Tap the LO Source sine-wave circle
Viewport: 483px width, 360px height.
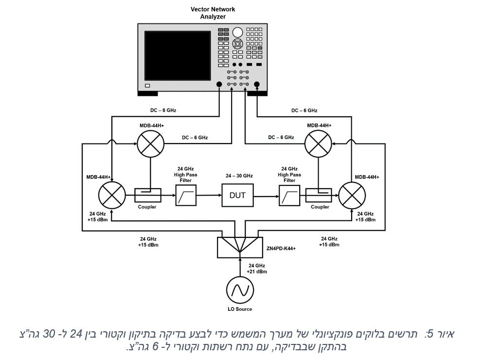[x=240, y=290]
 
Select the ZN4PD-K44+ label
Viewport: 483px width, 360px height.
[x=281, y=249]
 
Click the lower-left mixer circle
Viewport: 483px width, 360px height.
[x=112, y=196]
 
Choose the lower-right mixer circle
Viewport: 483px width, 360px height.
[x=352, y=196]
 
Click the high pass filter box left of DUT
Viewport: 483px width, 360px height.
[x=186, y=196]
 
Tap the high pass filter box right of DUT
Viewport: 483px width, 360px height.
[x=289, y=196]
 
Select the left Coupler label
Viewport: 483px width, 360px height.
[x=147, y=207]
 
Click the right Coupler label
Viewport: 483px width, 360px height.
[x=320, y=207]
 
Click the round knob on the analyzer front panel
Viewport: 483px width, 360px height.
[x=237, y=32]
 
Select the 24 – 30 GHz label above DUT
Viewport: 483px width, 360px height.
[x=239, y=176]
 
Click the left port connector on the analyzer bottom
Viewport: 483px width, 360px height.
[x=219, y=84]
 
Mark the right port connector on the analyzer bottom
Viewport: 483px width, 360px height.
[x=256, y=84]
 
